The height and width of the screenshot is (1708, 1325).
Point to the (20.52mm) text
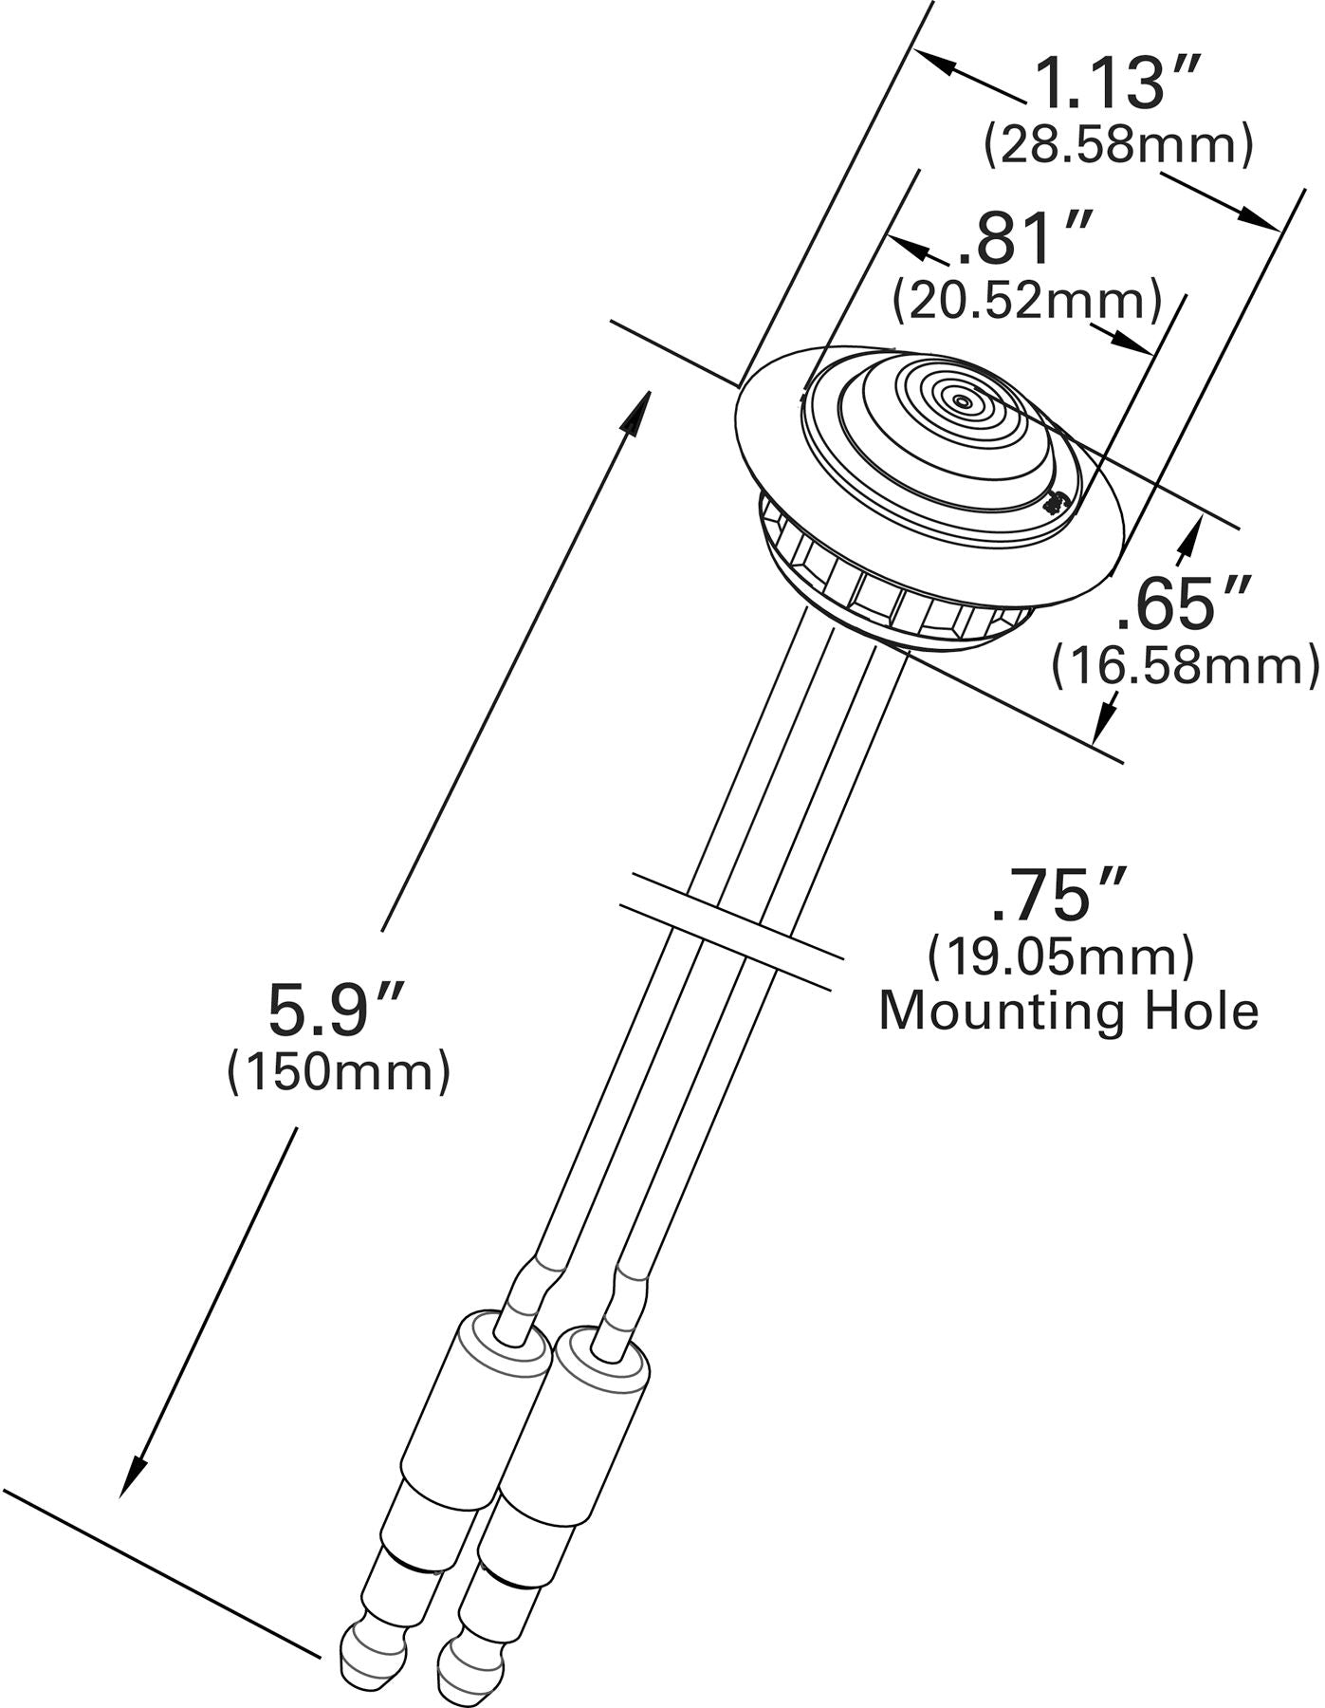1027,299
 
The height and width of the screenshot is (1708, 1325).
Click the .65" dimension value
1178,604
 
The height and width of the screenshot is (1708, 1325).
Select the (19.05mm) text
1060,956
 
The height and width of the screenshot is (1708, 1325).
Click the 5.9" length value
337,1010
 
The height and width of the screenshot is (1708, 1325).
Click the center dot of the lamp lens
963,401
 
